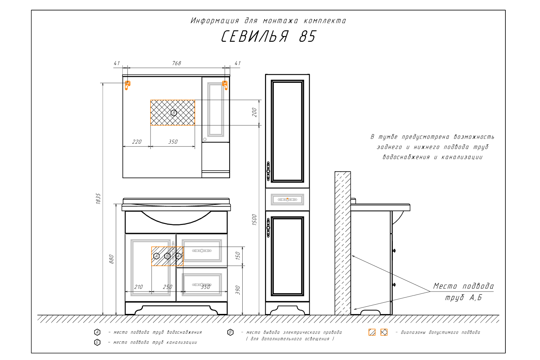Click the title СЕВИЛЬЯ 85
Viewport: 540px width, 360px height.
(268, 36)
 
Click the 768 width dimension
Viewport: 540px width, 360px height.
(176, 63)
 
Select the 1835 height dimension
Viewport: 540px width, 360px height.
(99, 199)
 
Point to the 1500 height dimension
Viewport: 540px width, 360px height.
(255, 219)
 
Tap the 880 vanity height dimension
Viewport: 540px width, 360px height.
(112, 259)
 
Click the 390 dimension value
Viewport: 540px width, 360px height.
(238, 290)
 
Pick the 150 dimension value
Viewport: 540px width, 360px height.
(238, 256)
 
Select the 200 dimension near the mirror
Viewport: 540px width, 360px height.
(255, 112)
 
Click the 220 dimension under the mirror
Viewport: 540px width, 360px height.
(137, 142)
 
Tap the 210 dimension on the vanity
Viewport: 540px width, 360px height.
(138, 287)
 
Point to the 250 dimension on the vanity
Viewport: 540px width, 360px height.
(167, 287)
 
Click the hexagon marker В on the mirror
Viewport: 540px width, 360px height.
(174, 113)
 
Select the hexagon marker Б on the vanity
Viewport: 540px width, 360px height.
(167, 256)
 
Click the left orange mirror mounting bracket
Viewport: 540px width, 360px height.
(127, 85)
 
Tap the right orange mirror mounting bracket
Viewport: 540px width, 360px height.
(225, 85)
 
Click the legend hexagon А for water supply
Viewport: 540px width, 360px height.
(97, 332)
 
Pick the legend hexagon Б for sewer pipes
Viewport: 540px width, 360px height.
(97, 342)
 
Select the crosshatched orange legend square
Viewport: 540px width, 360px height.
(384, 332)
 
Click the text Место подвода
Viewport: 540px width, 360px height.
(463, 286)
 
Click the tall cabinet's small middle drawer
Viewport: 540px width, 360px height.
(287, 199)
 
